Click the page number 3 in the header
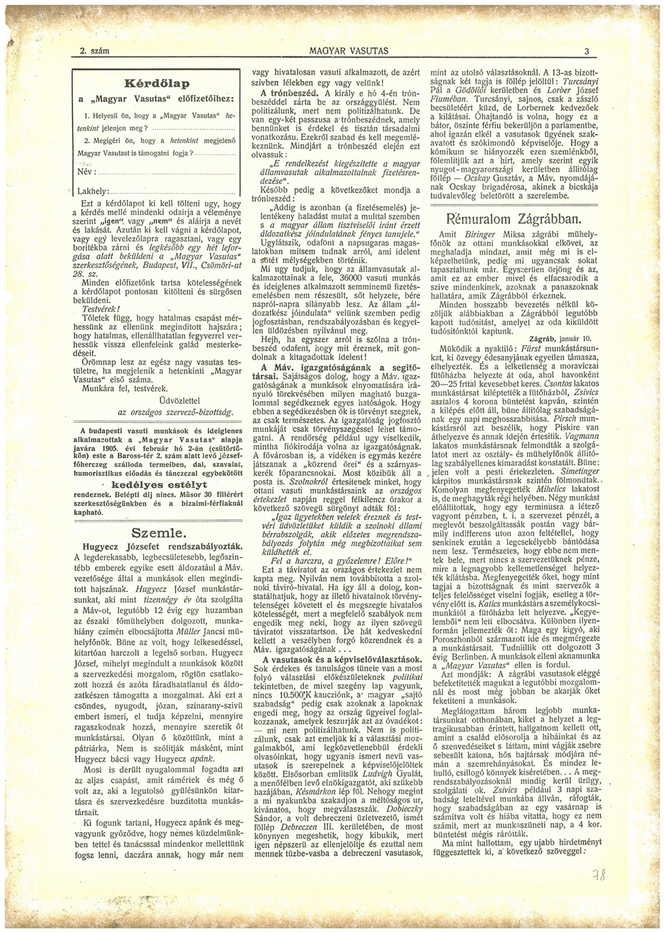point(587,51)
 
